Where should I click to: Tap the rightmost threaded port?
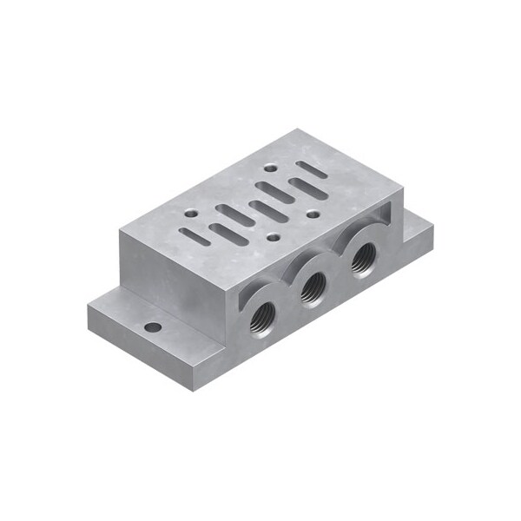[x=361, y=257]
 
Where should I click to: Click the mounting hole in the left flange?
[x=153, y=328]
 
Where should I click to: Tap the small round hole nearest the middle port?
[x=273, y=237]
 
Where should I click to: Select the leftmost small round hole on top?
[x=189, y=212]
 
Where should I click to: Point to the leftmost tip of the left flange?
[x=89, y=306]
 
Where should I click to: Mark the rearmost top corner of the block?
[x=298, y=129]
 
